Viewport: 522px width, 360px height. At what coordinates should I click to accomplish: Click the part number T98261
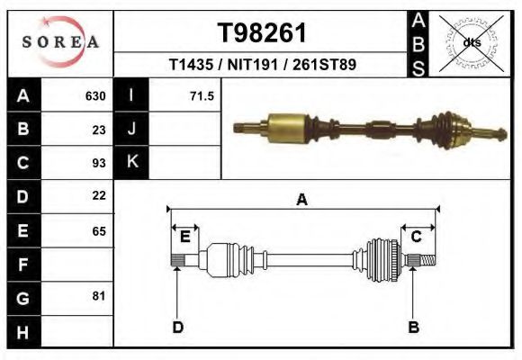coord(262,33)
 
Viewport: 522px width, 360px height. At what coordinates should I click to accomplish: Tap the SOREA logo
coord(60,42)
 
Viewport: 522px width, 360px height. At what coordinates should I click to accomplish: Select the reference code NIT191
coord(261,66)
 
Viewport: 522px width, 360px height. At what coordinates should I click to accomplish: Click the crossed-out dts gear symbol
coord(472,42)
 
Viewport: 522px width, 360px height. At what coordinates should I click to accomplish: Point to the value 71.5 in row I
coord(202,96)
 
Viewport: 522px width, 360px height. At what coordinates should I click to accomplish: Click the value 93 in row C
coord(99,163)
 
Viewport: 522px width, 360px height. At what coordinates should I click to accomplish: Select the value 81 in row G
coord(99,296)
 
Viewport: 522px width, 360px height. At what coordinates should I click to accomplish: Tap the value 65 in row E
coord(99,231)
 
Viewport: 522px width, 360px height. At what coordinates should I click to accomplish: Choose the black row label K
coord(131,162)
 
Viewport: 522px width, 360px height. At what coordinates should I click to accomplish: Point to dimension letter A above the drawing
coord(302,200)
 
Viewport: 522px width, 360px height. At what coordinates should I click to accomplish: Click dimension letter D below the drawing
coord(177,328)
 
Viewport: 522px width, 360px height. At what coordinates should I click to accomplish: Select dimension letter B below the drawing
coord(414,328)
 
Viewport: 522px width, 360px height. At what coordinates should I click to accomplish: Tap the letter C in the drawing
coord(416,238)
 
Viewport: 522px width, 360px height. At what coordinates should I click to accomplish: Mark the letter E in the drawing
coord(184,238)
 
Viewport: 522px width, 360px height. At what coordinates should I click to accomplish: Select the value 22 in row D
coord(99,195)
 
